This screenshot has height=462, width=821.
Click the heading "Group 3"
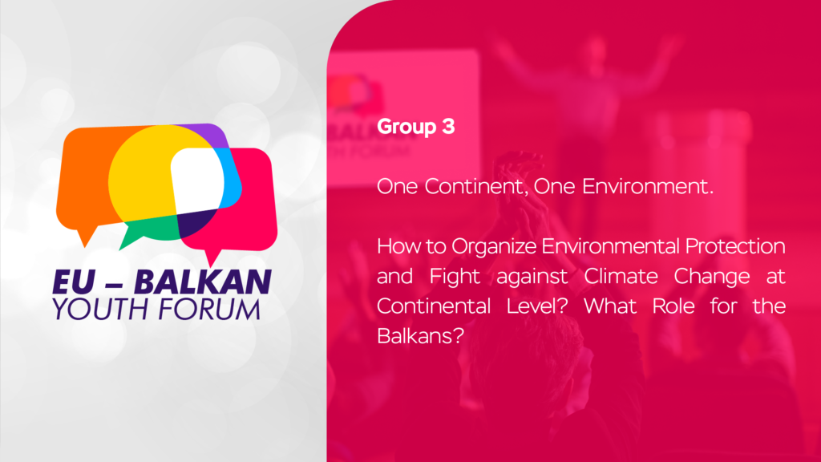pos(416,127)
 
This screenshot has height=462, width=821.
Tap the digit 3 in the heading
pos(448,126)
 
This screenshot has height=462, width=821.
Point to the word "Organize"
pos(494,247)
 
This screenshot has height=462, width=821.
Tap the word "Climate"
pos(621,276)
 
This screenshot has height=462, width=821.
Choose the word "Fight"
pos(455,277)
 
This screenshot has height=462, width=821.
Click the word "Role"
pos(673,306)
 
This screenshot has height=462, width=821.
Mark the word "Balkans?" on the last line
pos(420,336)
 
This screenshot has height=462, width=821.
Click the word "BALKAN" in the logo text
pos(203,282)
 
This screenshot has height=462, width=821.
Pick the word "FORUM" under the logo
pos(209,309)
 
